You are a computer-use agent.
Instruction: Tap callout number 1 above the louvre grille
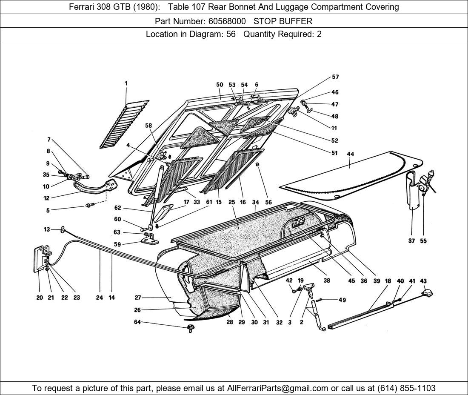(126, 84)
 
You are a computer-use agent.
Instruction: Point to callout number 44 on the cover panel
(351, 154)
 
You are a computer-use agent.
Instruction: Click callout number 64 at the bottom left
(137, 322)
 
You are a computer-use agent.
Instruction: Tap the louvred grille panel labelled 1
(126, 122)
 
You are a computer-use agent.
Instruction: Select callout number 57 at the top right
(335, 77)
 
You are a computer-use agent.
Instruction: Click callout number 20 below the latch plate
(39, 298)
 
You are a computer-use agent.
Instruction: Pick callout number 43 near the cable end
(423, 281)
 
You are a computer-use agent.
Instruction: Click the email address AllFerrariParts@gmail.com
(278, 388)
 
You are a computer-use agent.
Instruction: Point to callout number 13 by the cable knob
(47, 229)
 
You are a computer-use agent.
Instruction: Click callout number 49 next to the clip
(342, 300)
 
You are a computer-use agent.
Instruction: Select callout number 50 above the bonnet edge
(220, 85)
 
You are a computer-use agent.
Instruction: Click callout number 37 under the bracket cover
(411, 241)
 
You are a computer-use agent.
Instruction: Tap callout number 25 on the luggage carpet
(231, 203)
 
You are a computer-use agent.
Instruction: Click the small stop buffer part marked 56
(258, 166)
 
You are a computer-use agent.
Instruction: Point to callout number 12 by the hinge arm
(46, 198)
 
